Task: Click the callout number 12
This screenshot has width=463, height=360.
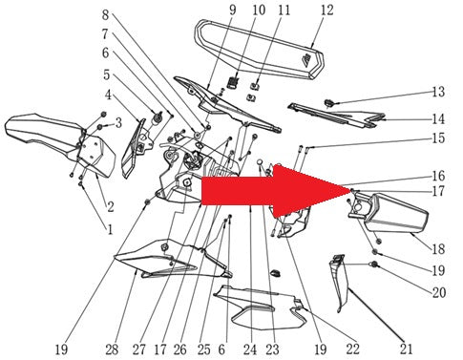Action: (326, 11)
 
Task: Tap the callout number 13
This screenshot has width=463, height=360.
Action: (438, 92)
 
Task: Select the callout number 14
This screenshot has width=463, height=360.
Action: (438, 119)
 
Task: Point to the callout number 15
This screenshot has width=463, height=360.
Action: (438, 138)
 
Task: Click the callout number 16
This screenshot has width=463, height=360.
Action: (438, 176)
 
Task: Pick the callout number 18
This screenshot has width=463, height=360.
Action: (438, 249)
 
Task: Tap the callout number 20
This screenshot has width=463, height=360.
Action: (438, 292)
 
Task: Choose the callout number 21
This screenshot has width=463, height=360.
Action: (406, 349)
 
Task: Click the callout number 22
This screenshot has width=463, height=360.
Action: (352, 349)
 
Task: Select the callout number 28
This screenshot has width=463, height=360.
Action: (112, 349)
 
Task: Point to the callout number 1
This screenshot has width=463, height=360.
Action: (110, 229)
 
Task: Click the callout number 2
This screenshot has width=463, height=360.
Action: (111, 207)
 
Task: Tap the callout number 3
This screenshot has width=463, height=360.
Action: (118, 123)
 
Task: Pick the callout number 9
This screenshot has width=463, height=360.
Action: (233, 10)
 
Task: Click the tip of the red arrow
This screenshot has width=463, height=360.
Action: (351, 190)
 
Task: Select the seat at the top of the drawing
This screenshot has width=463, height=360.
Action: (259, 48)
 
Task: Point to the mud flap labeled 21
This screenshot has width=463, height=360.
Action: (339, 284)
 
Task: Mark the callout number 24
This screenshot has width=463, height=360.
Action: (250, 349)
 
